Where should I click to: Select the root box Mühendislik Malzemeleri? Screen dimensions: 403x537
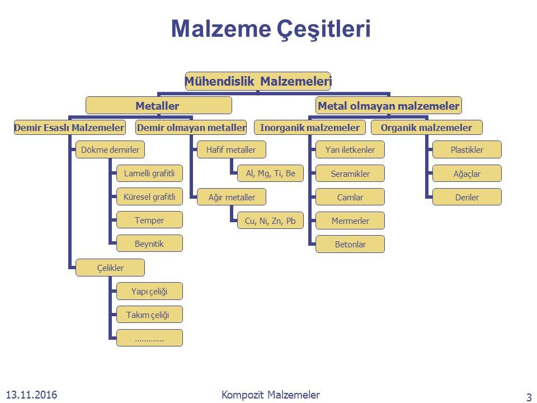click(x=258, y=81)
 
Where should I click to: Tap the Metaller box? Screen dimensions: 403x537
click(x=159, y=105)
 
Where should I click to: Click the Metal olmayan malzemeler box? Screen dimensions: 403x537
click(x=389, y=105)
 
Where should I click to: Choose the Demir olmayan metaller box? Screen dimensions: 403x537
click(x=191, y=128)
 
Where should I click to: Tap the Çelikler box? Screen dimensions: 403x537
click(x=111, y=268)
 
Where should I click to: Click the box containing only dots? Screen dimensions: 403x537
click(x=149, y=338)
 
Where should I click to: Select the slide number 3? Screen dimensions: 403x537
click(x=529, y=397)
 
